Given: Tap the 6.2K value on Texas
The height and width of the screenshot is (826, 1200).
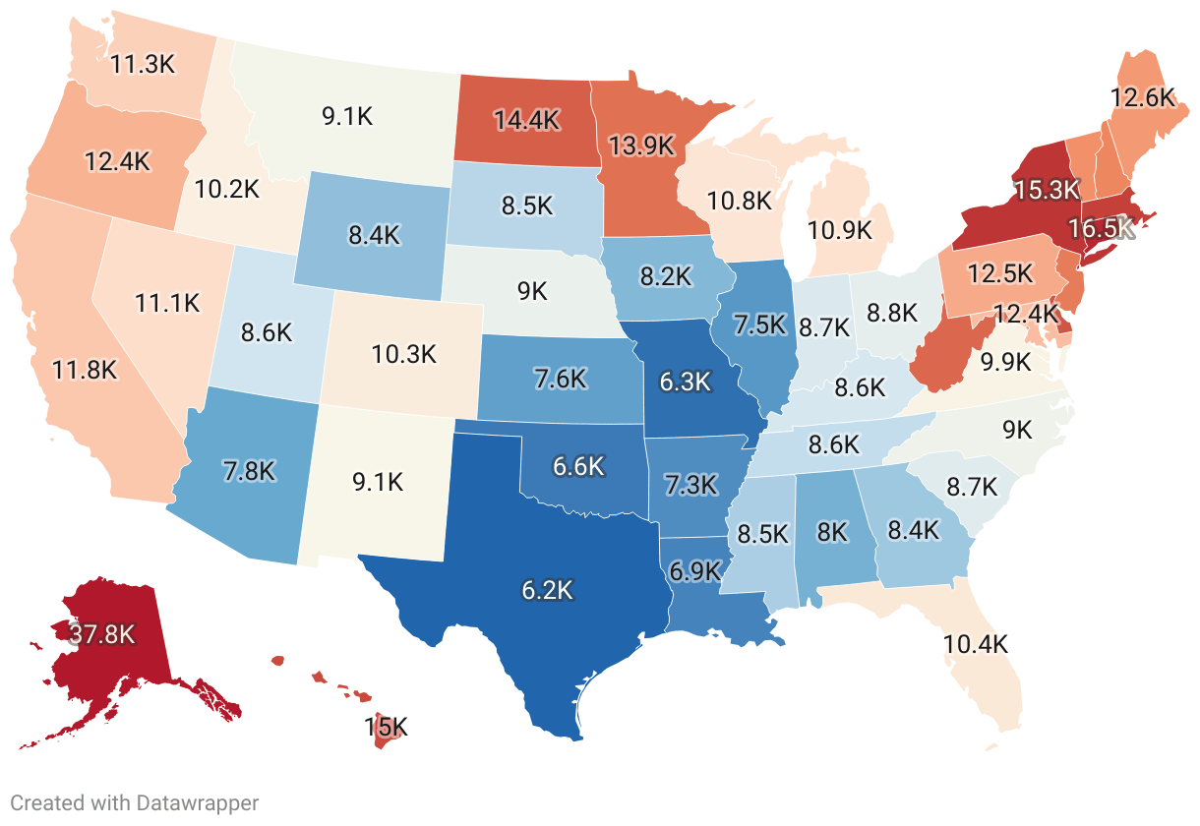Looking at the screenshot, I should point(547,590).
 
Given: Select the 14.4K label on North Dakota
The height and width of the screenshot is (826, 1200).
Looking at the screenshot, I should point(526,121).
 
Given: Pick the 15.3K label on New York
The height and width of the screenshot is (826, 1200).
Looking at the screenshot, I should point(1047,190).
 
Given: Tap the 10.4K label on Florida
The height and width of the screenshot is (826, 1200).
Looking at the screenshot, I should point(976,645).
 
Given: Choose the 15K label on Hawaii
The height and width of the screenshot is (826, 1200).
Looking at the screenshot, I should point(386,728).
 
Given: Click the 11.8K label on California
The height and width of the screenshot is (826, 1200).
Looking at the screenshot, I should point(85,371).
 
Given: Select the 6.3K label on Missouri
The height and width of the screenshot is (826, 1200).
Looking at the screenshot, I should point(685,382).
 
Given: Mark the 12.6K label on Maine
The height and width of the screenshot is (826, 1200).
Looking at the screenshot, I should point(1143,97).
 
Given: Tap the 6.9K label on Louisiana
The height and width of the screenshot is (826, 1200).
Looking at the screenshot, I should point(695,569).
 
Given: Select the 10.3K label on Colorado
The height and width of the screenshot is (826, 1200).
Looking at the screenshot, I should point(403,354).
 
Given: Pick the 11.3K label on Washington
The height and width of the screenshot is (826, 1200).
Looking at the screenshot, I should point(143,65).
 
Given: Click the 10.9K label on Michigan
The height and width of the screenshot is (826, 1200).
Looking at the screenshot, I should point(839,230).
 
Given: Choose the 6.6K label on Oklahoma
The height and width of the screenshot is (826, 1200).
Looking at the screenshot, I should point(577,467).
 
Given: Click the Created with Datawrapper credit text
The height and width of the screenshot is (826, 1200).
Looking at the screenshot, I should point(135,803).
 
